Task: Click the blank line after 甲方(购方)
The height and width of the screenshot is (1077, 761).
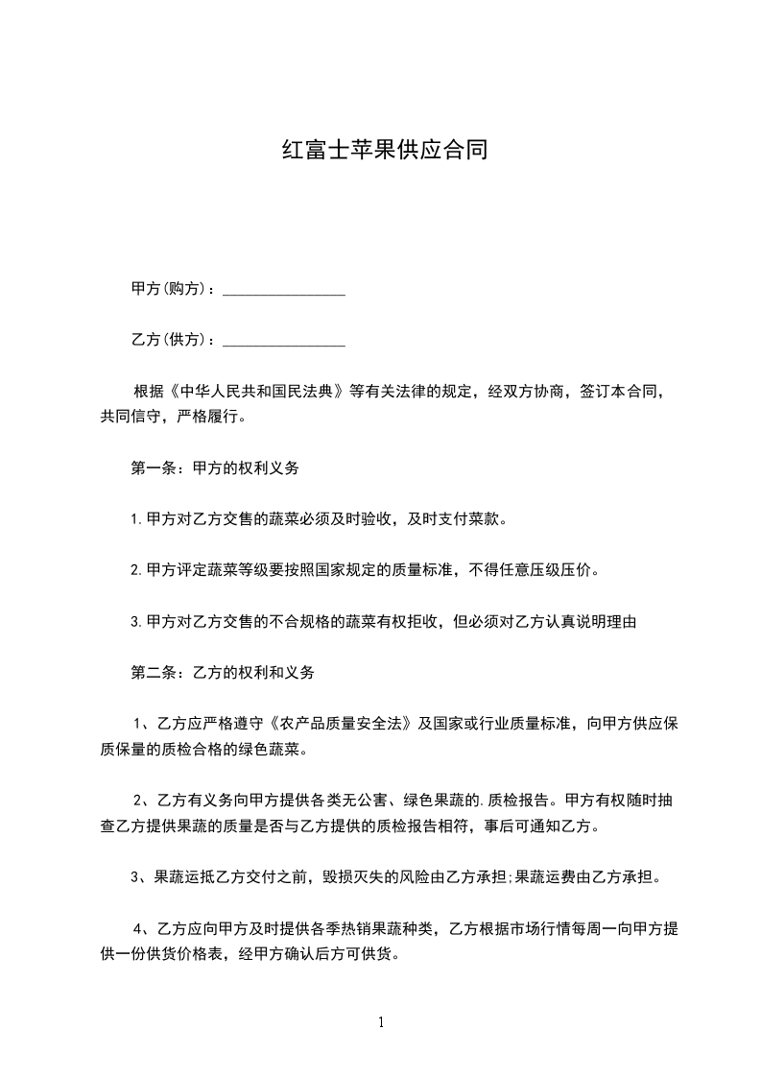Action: click(x=284, y=290)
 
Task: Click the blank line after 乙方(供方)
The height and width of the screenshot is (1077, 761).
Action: click(x=284, y=341)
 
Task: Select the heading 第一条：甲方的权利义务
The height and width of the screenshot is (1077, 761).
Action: click(x=215, y=468)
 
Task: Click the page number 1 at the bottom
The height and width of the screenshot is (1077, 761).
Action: click(x=381, y=1022)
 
